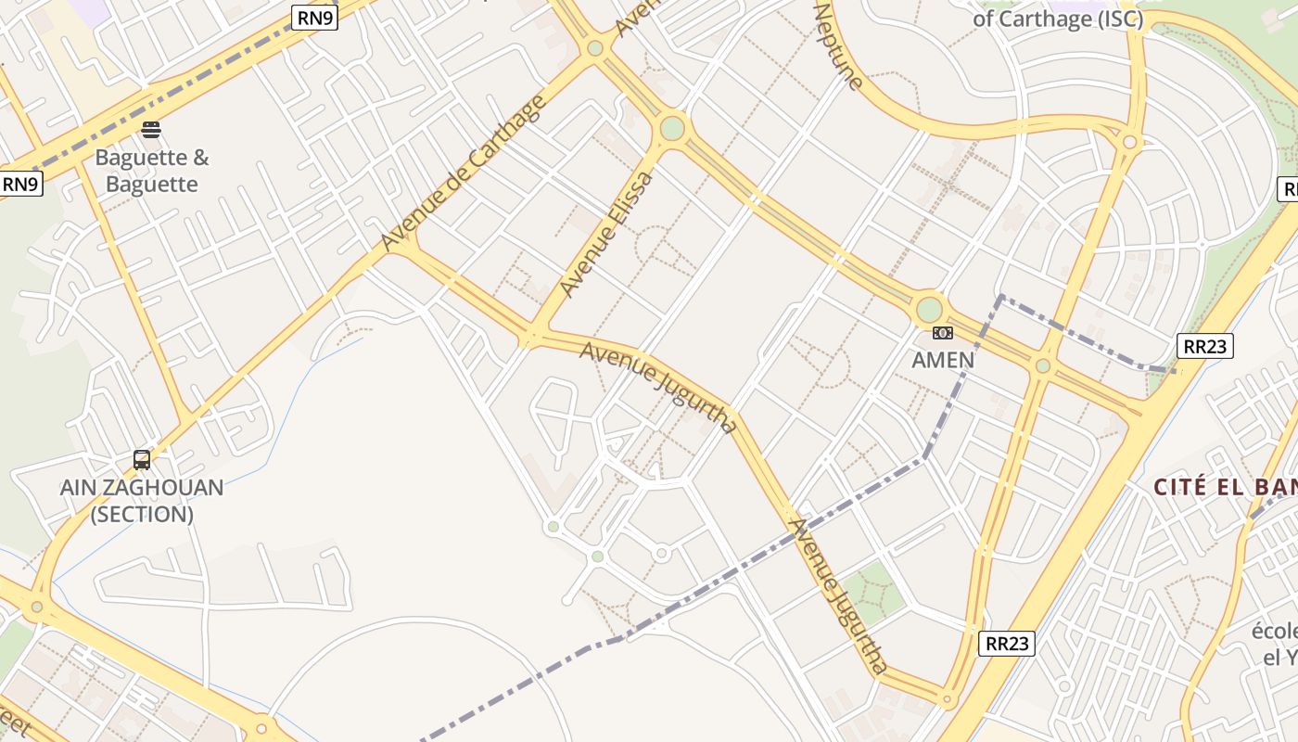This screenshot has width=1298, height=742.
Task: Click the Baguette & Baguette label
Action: (152, 171)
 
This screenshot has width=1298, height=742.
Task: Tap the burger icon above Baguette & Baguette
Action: (151, 129)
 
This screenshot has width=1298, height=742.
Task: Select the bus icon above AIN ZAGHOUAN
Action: (142, 459)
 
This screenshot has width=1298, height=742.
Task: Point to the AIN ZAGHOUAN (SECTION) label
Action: (142, 501)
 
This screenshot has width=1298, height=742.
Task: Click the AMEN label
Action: (943, 360)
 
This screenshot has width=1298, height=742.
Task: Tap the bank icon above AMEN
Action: (943, 333)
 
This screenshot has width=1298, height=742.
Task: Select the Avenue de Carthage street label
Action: (464, 173)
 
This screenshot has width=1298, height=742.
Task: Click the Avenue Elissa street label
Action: (608, 235)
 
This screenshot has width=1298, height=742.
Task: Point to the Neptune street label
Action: (838, 45)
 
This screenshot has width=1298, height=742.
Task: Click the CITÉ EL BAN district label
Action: (1224, 487)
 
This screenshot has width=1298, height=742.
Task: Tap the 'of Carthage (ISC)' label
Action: (1057, 19)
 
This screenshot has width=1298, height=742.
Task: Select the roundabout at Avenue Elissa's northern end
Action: (672, 128)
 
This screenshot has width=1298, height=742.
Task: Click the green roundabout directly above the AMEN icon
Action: (929, 309)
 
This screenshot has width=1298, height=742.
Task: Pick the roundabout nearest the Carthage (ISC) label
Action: (1129, 142)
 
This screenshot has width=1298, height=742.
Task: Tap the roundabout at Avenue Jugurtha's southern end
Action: (947, 699)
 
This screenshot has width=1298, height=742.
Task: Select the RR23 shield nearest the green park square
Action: (1006, 644)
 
